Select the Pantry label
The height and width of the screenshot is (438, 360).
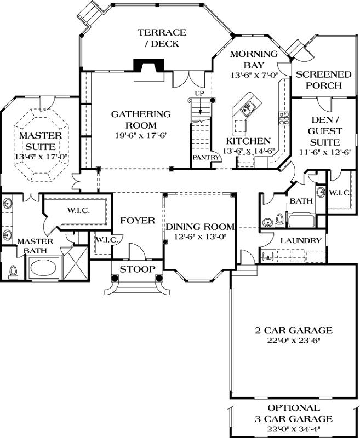205,158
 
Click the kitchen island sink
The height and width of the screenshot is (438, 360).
246,109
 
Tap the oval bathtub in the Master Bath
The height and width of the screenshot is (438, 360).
45,269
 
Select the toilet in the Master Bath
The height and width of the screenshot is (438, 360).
14,271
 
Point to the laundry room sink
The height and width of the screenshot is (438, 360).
268,256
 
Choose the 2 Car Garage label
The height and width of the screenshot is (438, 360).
294,330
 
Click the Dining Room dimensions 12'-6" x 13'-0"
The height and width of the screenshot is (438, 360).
200,237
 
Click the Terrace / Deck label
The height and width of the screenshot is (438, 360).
162,38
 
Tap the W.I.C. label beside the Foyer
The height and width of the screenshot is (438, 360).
105,240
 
